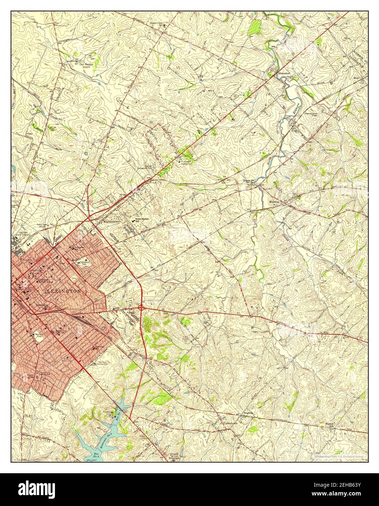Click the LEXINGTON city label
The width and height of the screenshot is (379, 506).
coord(64,292)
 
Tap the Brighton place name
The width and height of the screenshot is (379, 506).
coord(248,414)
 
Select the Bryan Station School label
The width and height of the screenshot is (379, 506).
coord(142,220)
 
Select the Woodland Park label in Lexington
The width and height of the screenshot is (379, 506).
coord(37,334)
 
